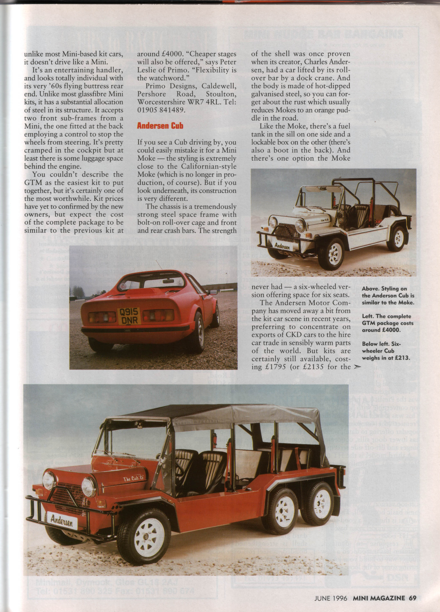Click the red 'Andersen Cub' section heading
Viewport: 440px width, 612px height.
pyautogui.click(x=160, y=126)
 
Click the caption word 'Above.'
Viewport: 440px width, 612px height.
pyautogui.click(x=373, y=289)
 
